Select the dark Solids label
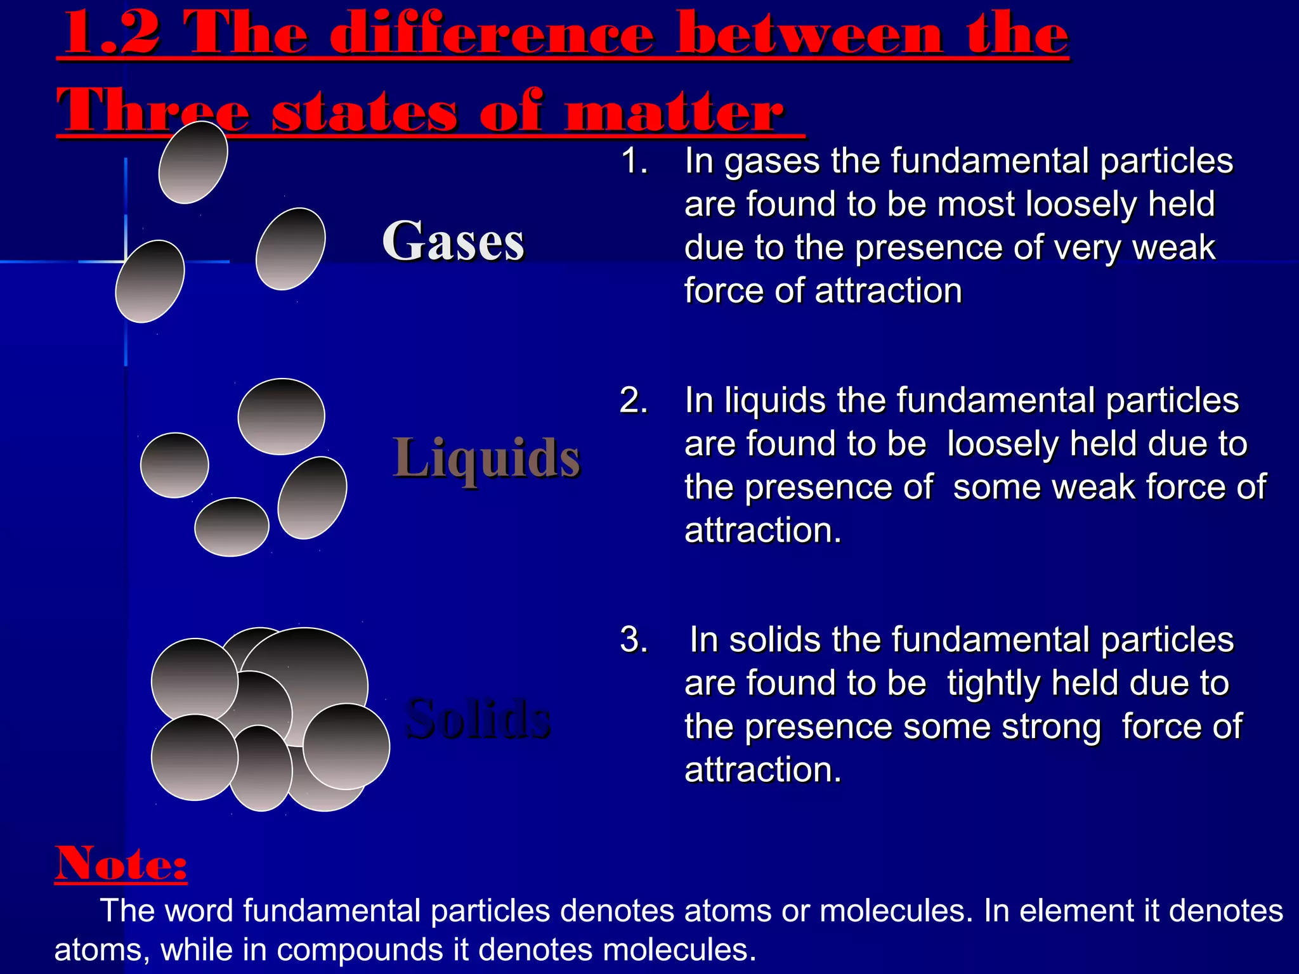[478, 718]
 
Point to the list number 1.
[634, 160]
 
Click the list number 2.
[634, 400]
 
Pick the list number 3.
[634, 639]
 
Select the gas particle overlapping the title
[193, 162]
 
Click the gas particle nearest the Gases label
[290, 249]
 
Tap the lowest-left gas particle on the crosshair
[150, 282]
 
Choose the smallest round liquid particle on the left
[174, 465]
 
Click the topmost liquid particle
[281, 416]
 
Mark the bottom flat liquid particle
[232, 527]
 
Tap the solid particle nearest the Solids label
[346, 746]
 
